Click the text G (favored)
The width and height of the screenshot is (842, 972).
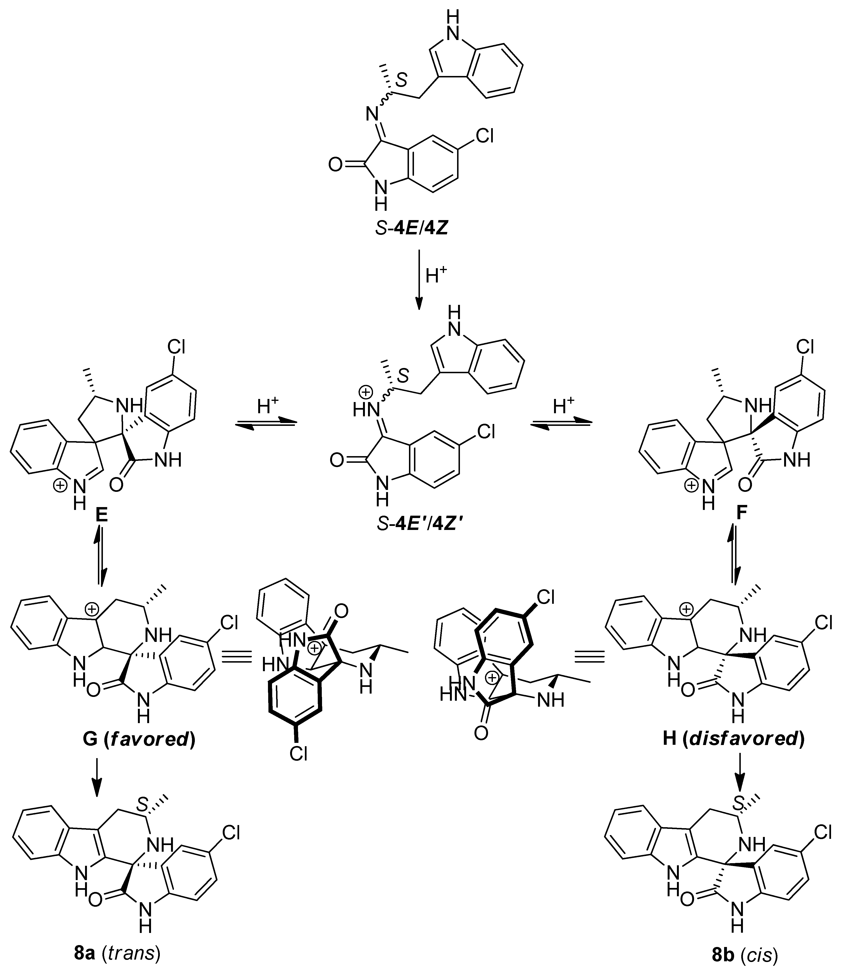pyautogui.click(x=139, y=739)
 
